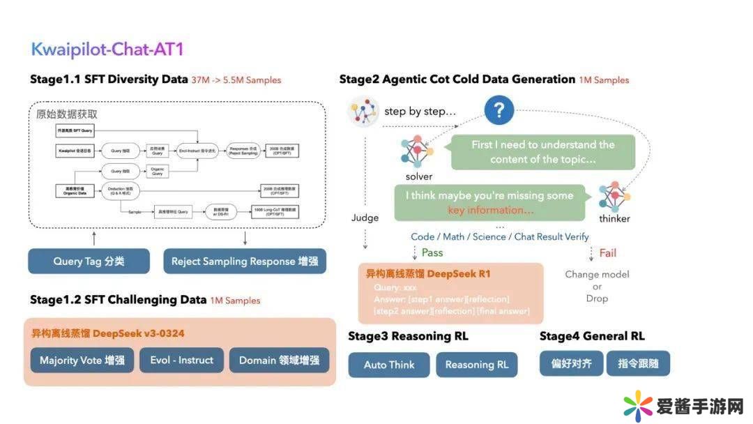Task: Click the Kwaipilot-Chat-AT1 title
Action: click(107, 50)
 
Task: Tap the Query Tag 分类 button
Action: click(89, 262)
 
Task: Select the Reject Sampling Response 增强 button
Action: click(245, 262)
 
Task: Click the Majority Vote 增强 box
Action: click(82, 361)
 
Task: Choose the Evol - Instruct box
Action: click(182, 361)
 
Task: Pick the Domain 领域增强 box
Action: click(279, 361)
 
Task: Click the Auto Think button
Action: click(389, 365)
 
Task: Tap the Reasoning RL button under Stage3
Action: click(477, 365)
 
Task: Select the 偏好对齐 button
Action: click(570, 363)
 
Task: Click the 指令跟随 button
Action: click(638, 363)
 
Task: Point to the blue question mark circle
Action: click(499, 110)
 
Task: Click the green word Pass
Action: click(432, 252)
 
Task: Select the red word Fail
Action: click(608, 253)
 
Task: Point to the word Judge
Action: click(365, 218)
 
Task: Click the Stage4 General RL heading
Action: click(592, 336)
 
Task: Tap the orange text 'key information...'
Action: click(491, 210)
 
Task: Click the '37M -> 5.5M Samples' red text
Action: click(236, 80)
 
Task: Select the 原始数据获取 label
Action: click(67, 114)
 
